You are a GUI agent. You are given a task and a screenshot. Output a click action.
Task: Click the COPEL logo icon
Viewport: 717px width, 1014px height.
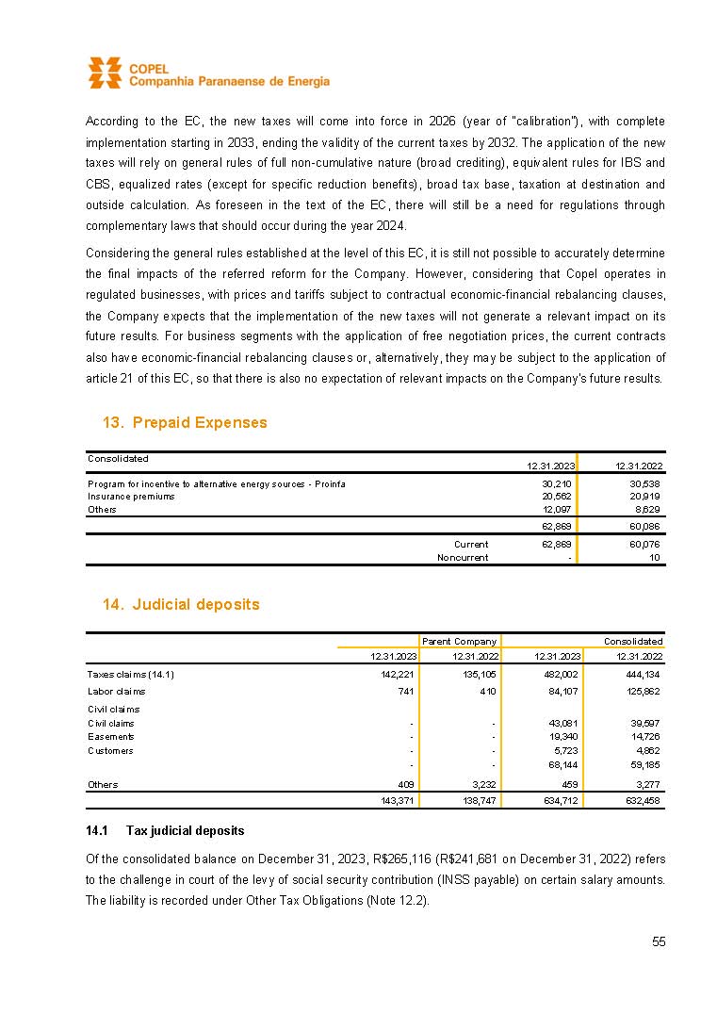tap(105, 73)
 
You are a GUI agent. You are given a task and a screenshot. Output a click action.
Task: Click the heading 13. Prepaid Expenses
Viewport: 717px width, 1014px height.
tap(185, 422)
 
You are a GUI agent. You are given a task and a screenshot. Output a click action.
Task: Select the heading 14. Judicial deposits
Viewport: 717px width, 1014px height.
tap(181, 604)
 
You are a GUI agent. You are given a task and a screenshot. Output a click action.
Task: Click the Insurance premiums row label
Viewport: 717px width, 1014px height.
tap(131, 496)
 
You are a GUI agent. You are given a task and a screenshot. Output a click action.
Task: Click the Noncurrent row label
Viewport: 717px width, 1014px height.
tap(463, 557)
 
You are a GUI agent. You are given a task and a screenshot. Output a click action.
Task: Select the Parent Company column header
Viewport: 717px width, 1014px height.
tap(459, 641)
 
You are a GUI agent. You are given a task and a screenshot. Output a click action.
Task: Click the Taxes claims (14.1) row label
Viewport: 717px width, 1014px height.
tap(131, 674)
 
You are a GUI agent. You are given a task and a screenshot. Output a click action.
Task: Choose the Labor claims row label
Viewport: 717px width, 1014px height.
tap(116, 691)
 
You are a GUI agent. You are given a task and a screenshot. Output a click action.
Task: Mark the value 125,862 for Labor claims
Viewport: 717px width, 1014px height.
tap(644, 691)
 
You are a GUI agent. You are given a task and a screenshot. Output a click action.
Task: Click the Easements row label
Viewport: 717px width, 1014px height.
tap(110, 736)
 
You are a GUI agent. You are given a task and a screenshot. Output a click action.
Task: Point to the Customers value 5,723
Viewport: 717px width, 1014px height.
tap(562, 750)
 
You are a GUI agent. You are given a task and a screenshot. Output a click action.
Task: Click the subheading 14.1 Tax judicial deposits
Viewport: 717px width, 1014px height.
tap(165, 830)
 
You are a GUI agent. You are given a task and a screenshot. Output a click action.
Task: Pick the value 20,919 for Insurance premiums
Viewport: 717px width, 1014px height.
tap(644, 496)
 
